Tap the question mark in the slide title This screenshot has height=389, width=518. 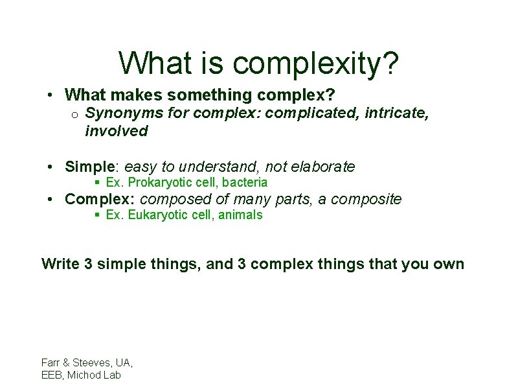[389, 64]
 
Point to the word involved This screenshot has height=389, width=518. [117, 131]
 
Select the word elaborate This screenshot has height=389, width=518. [323, 167]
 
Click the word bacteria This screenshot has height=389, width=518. [245, 183]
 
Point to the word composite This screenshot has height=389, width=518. [366, 199]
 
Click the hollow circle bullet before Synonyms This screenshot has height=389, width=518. [74, 115]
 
